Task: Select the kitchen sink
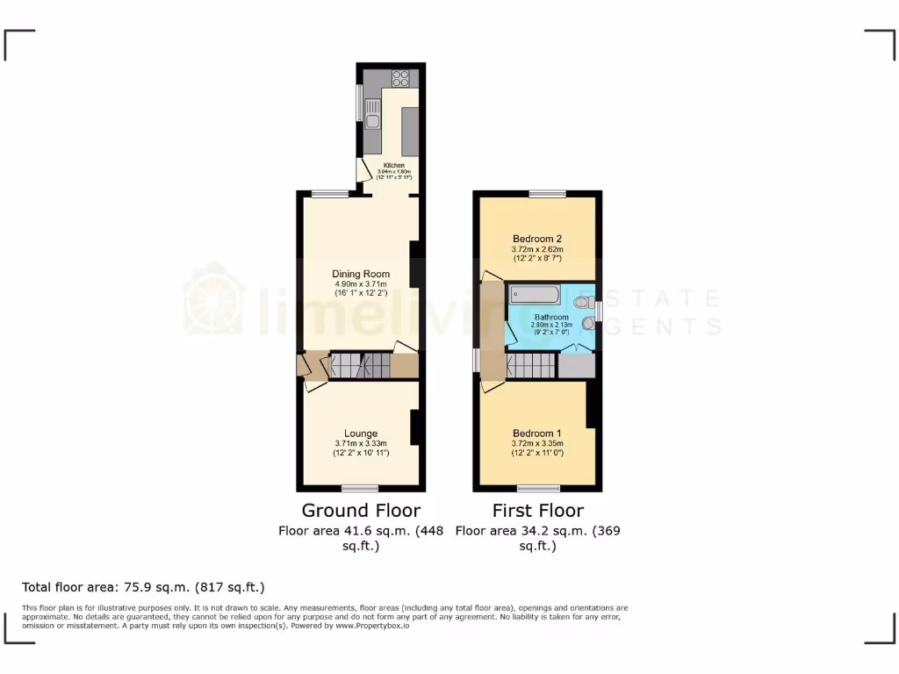372,122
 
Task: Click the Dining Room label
361,274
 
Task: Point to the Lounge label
361,434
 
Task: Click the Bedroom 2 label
536,239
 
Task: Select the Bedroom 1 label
536,434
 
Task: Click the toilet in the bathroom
582,303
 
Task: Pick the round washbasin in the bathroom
587,323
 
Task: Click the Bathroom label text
551,317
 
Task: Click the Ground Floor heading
361,511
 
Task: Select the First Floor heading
538,511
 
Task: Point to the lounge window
360,488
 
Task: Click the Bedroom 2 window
547,193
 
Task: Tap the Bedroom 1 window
538,488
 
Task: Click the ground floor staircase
360,365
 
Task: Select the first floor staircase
530,365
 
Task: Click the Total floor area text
143,587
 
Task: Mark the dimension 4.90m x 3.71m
361,284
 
